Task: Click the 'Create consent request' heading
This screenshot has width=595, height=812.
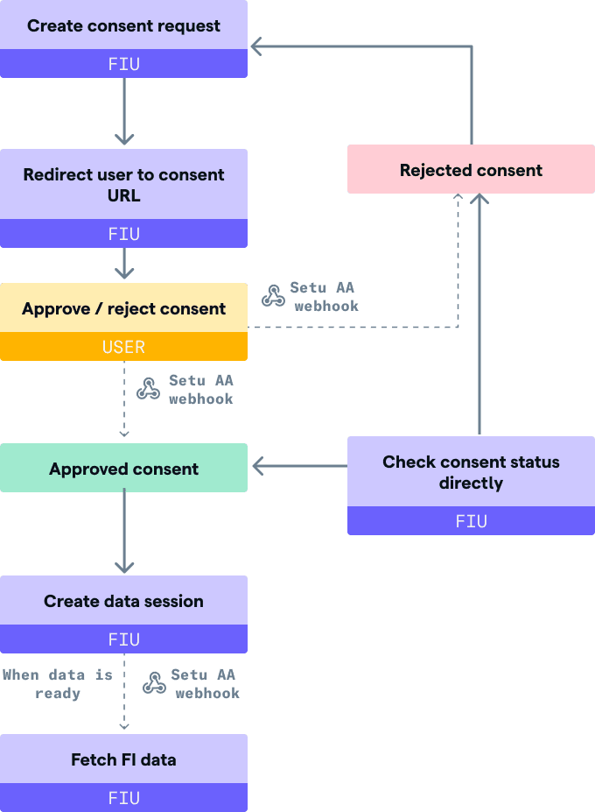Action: click(123, 26)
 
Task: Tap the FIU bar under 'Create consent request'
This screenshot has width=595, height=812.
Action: click(123, 64)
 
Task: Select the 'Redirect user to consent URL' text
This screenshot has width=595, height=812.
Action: click(123, 185)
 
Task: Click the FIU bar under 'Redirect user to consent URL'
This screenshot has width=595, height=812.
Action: click(123, 234)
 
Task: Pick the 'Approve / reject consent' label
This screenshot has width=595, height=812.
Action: click(123, 308)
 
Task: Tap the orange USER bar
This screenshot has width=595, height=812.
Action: click(123, 347)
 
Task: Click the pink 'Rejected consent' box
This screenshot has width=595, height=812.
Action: click(471, 169)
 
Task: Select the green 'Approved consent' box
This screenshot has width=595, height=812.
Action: click(123, 468)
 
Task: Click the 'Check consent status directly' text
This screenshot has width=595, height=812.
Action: click(471, 472)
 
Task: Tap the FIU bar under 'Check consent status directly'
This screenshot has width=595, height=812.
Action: click(471, 521)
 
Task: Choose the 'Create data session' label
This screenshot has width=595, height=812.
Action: click(123, 601)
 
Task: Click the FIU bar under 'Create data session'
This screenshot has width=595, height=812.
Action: click(123, 639)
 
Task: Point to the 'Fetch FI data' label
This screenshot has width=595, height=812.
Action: click(123, 759)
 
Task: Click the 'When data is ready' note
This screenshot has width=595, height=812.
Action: click(58, 684)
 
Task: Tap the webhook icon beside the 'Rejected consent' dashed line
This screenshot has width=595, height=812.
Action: click(273, 296)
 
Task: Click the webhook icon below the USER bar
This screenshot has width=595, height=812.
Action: click(148, 389)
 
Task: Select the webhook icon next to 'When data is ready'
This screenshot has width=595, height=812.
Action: click(154, 682)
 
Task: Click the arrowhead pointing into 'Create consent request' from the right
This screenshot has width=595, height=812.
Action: click(256, 46)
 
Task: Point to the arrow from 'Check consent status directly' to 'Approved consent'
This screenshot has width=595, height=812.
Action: click(299, 466)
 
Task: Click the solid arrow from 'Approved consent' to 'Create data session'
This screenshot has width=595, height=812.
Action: click(124, 531)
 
